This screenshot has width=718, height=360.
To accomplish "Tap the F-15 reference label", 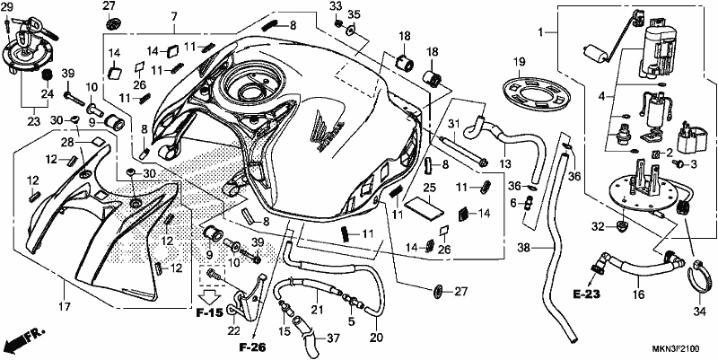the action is pyautogui.click(x=210, y=313).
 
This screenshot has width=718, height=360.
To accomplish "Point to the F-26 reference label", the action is pyautogui.click(x=252, y=347).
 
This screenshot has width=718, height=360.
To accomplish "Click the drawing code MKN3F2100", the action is pyautogui.click(x=676, y=349).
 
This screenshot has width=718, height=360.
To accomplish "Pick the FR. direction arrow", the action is pyautogui.click(x=23, y=340).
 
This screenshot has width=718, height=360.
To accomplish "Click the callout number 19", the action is pyautogui.click(x=520, y=62).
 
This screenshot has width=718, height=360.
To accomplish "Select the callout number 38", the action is pyautogui.click(x=525, y=248).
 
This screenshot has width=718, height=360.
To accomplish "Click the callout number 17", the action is pyautogui.click(x=65, y=306).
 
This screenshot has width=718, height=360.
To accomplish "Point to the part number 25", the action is pyautogui.click(x=429, y=188).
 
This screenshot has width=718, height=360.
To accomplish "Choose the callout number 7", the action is pyautogui.click(x=174, y=17).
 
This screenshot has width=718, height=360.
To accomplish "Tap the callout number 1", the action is pyautogui.click(x=541, y=32).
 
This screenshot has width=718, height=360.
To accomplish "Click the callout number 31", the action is pyautogui.click(x=453, y=124).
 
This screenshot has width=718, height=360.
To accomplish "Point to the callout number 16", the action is pyautogui.click(x=638, y=294).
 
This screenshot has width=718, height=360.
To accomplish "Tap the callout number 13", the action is pyautogui.click(x=504, y=163).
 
